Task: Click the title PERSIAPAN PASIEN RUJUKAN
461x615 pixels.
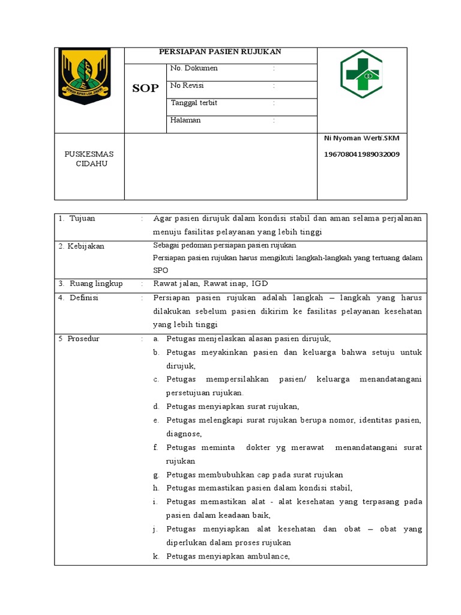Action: click(x=220, y=52)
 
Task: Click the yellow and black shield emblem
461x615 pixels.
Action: click(x=84, y=76)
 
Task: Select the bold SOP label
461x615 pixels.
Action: click(x=145, y=88)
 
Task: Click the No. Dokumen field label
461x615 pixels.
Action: click(x=194, y=68)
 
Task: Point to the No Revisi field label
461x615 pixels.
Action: click(x=187, y=86)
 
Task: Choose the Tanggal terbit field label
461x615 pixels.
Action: click(x=194, y=103)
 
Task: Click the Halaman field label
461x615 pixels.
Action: click(x=185, y=121)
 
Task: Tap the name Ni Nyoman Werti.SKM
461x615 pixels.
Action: click(x=361, y=138)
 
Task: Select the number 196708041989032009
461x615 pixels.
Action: click(x=362, y=154)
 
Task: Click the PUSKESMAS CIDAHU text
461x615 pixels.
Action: click(x=89, y=159)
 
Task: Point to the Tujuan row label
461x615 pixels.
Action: click(x=82, y=219)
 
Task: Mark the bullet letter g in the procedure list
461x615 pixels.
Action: click(x=155, y=474)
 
